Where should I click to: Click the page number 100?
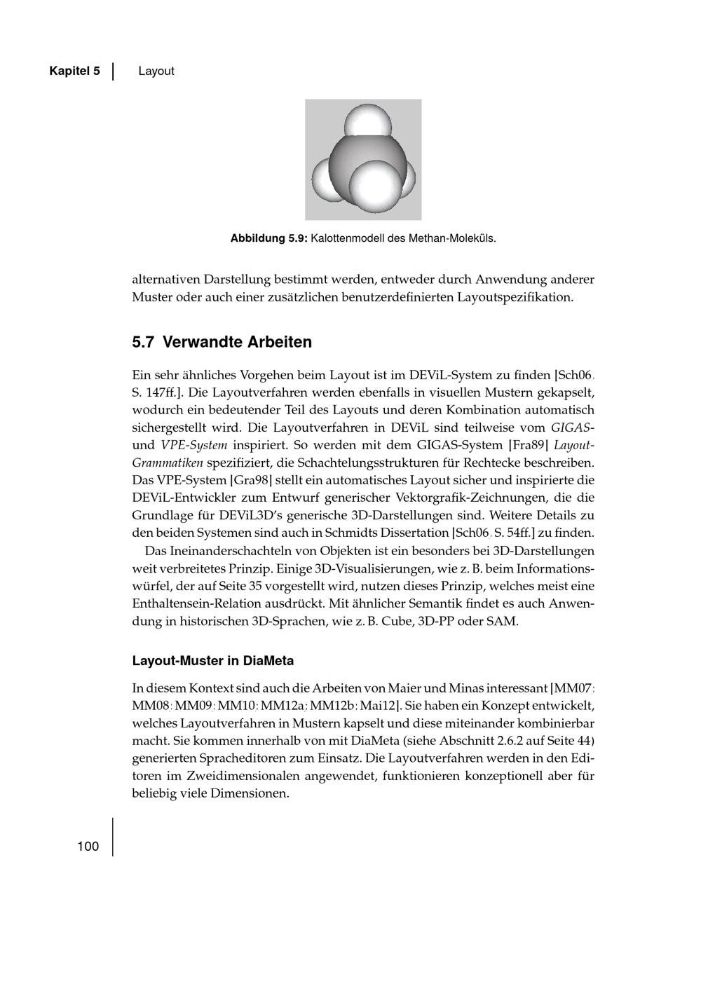[x=88, y=847]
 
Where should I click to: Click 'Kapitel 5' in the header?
[x=74, y=71]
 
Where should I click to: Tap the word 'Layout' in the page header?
[x=156, y=71]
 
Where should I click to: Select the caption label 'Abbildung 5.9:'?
[x=269, y=238]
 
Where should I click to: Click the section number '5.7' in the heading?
[x=143, y=343]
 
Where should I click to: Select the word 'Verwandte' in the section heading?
[x=198, y=343]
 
